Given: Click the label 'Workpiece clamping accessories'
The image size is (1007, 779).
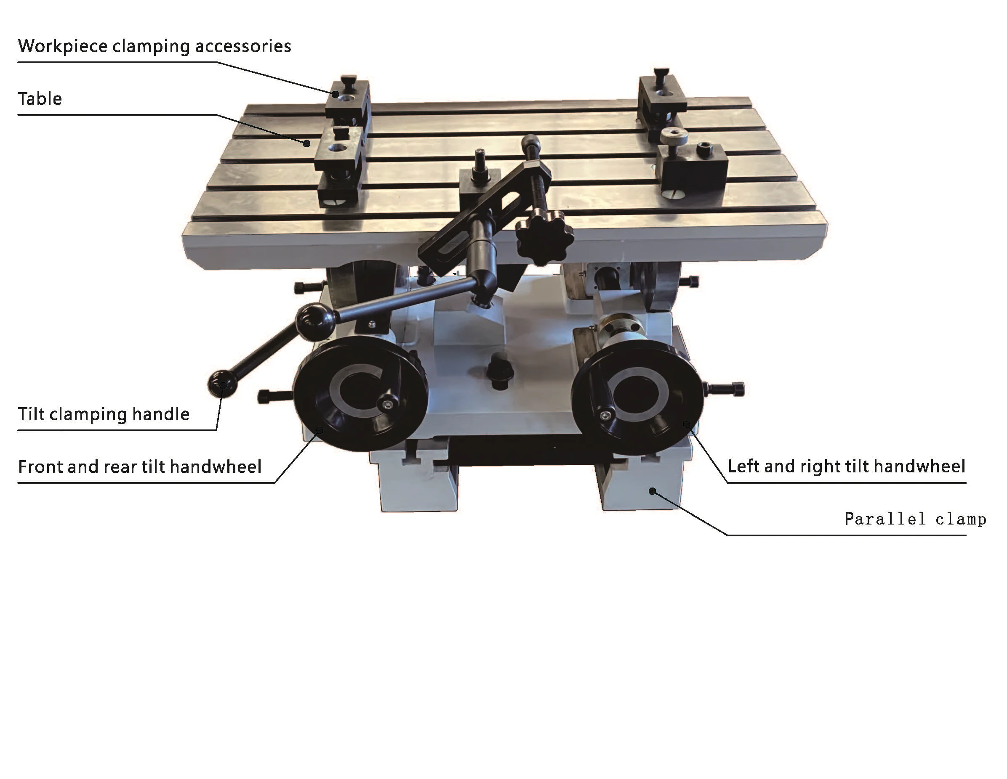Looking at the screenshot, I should pyautogui.click(x=154, y=46).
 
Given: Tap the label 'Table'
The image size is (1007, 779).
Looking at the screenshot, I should pyautogui.click(x=40, y=98).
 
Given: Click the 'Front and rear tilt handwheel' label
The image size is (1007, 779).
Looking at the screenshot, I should pyautogui.click(x=139, y=466).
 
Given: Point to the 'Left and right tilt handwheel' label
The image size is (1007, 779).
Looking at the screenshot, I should pyautogui.click(x=846, y=466).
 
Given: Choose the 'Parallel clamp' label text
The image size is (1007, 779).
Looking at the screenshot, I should pyautogui.click(x=915, y=519).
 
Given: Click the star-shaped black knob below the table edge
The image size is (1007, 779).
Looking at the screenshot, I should pyautogui.click(x=544, y=237).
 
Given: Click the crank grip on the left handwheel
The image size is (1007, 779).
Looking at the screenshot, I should pyautogui.click(x=387, y=405).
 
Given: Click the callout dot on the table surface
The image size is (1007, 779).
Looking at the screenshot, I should pyautogui.click(x=306, y=143).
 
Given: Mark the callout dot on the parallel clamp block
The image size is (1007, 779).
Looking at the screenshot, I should pyautogui.click(x=652, y=491).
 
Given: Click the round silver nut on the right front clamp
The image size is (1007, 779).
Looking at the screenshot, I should pyautogui.click(x=674, y=136).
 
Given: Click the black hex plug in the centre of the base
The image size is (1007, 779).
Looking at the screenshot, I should pyautogui.click(x=500, y=371).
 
